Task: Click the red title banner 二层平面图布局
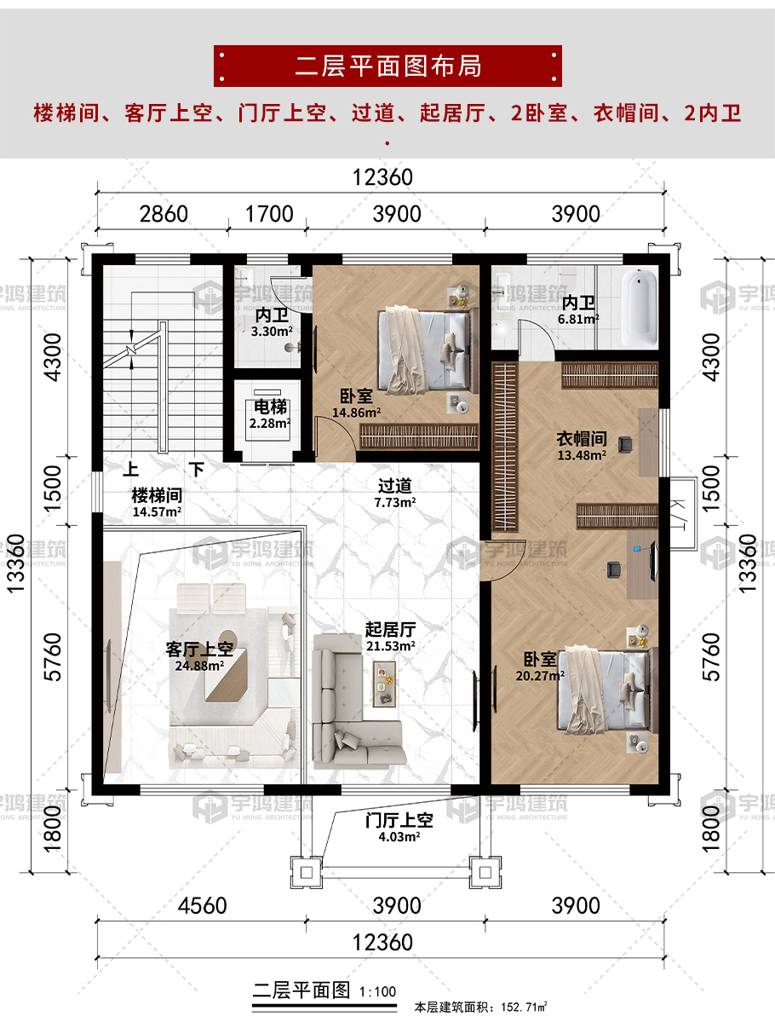click(387, 66)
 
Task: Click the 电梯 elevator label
click(270, 407)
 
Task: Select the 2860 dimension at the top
click(164, 214)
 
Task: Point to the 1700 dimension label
click(269, 214)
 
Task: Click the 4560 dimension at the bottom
click(203, 905)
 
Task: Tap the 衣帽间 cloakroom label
click(582, 439)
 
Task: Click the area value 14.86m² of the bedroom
click(356, 413)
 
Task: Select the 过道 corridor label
click(394, 486)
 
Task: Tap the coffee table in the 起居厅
click(383, 684)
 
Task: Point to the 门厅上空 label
click(399, 821)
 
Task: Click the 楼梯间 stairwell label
click(157, 496)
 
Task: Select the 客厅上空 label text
click(199, 650)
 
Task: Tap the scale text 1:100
click(378, 992)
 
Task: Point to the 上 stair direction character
click(131, 469)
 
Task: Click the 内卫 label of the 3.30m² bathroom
click(272, 315)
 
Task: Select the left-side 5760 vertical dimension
click(52, 657)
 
